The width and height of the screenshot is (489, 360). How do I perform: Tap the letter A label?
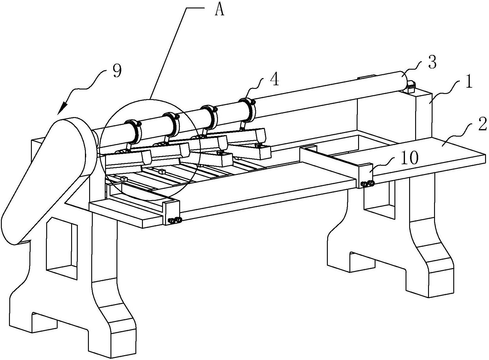pyautogui.click(x=219, y=11)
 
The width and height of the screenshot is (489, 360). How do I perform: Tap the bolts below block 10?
pyautogui.click(x=367, y=183)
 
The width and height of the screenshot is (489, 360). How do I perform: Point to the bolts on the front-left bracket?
pyautogui.click(x=175, y=220)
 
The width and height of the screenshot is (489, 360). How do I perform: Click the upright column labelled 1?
pyautogui.click(x=423, y=114)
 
